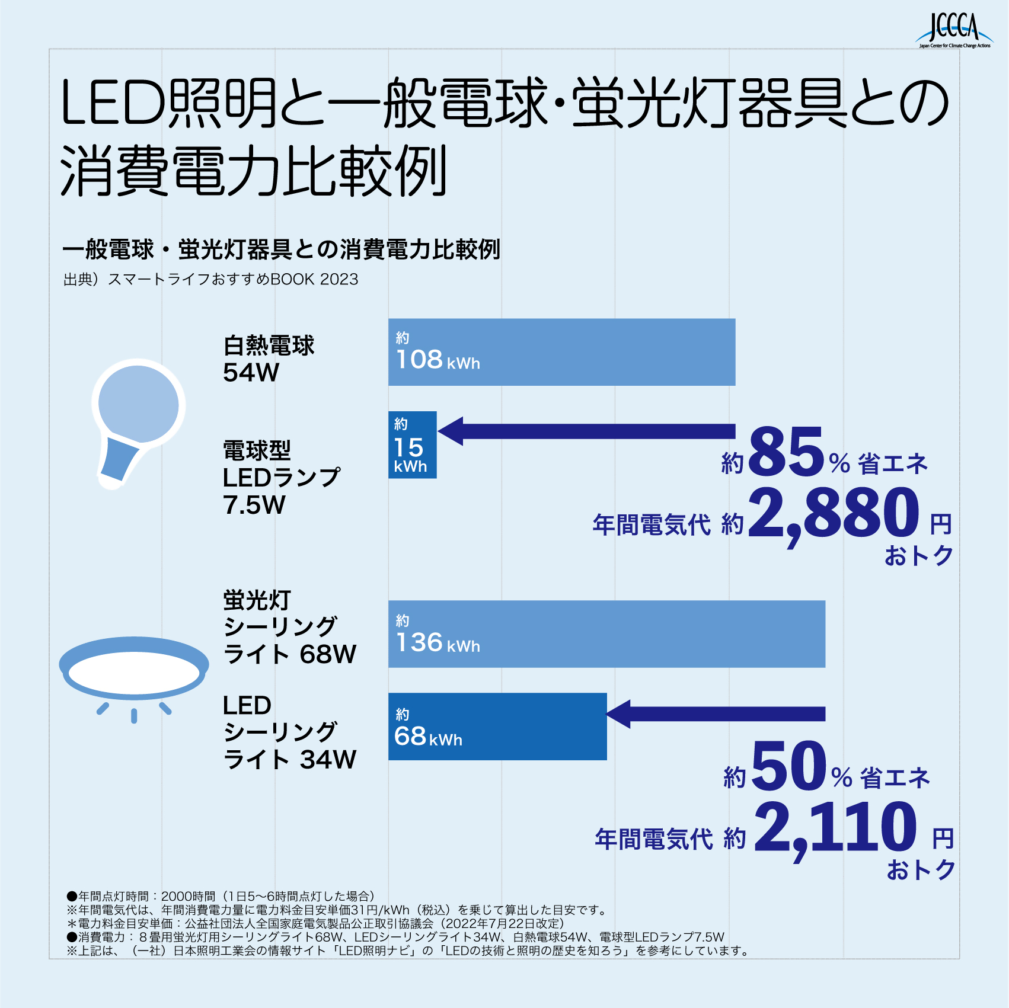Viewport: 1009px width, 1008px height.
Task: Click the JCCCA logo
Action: tap(954, 31)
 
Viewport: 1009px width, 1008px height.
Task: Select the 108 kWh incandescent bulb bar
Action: tap(561, 352)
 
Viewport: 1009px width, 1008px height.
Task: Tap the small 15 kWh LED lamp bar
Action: tap(412, 445)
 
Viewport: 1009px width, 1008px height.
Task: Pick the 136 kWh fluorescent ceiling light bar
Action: tap(606, 634)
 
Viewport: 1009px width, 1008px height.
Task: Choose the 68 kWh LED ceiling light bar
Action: tap(497, 727)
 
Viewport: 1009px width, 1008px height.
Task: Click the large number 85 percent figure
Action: tap(787, 453)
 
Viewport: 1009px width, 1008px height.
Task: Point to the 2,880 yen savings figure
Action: tap(834, 513)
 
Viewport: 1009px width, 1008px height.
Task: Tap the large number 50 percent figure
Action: tap(789, 767)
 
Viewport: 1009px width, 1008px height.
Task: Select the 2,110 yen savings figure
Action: tap(835, 827)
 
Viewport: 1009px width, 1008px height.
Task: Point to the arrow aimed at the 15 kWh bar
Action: tap(587, 431)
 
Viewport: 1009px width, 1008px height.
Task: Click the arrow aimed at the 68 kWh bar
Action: tap(716, 714)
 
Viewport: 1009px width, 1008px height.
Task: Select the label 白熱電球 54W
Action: tap(268, 359)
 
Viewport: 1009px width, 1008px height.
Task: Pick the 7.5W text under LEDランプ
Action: tap(254, 505)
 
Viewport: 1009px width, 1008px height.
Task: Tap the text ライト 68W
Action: tap(289, 655)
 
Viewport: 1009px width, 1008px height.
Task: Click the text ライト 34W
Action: tap(289, 760)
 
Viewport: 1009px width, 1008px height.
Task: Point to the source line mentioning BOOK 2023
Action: tap(210, 279)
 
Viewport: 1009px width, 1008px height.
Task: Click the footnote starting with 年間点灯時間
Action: tap(221, 896)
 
